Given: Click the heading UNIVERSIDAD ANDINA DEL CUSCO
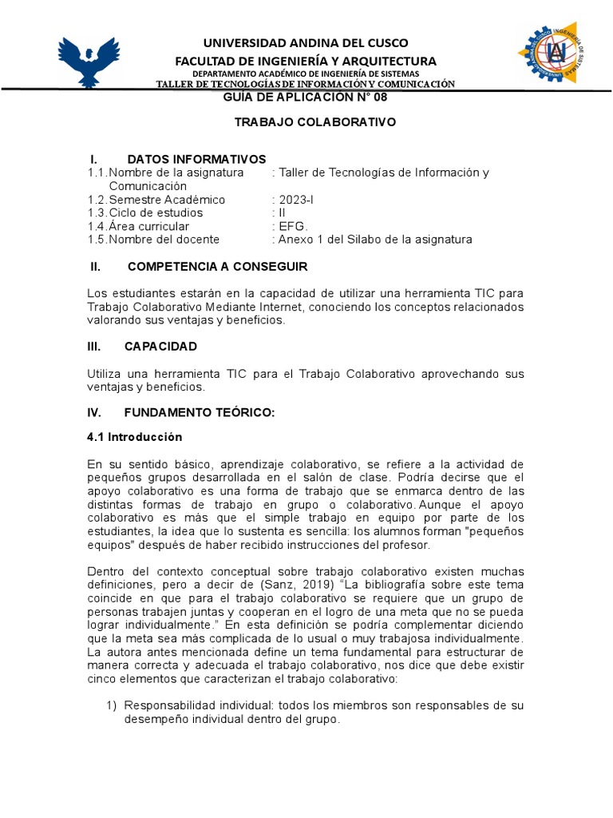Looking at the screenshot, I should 306,42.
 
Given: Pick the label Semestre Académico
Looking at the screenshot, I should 167,200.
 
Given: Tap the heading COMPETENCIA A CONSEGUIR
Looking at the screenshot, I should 216,266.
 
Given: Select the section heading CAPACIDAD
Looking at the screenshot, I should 160,346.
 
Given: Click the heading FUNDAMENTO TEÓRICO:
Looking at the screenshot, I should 199,412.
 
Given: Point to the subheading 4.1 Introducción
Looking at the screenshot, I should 134,437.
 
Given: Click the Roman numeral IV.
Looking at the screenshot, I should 93,412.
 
